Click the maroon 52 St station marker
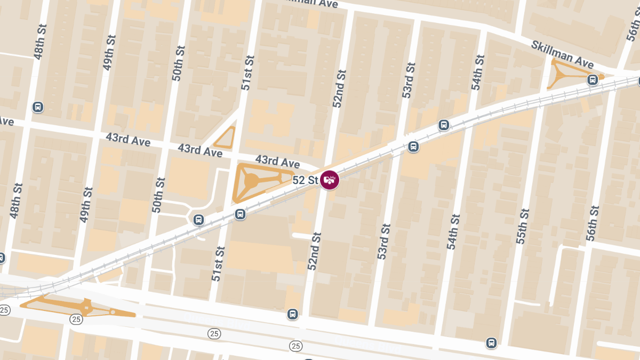[330, 180]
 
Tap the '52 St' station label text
[306, 180]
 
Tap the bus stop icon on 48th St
[37, 107]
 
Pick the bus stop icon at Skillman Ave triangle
[592, 80]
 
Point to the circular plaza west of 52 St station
[252, 181]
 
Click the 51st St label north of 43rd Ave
[246, 72]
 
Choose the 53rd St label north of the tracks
[409, 80]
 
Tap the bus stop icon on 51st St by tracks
[239, 214]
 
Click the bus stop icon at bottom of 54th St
[491, 343]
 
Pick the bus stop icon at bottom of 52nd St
[292, 314]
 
